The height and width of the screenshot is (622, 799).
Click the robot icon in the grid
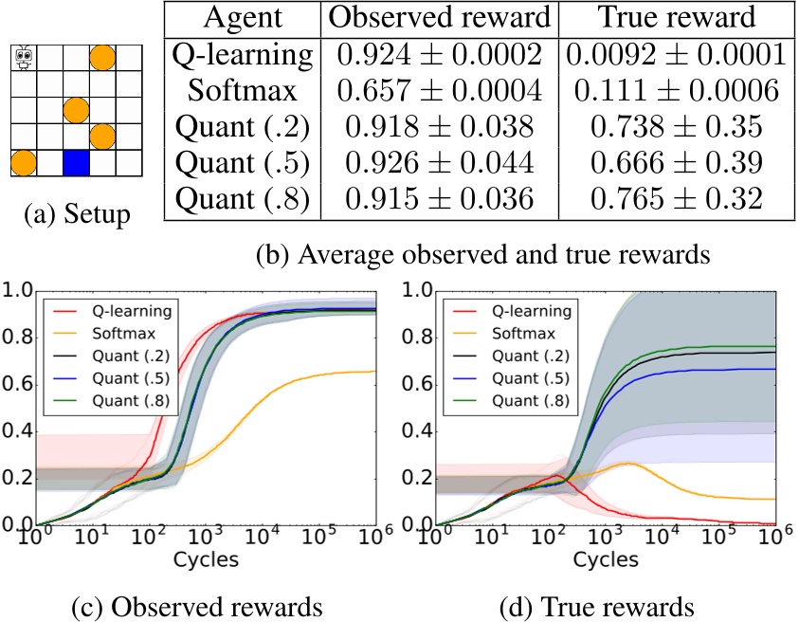click(x=24, y=59)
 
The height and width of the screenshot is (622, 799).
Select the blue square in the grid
click(x=76, y=163)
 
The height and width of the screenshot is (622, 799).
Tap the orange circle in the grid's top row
click(x=102, y=59)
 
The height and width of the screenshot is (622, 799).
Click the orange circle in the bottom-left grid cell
click(x=24, y=163)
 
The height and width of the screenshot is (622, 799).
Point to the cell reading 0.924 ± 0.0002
click(x=439, y=56)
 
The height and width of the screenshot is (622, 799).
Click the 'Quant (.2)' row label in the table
click(x=241, y=126)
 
